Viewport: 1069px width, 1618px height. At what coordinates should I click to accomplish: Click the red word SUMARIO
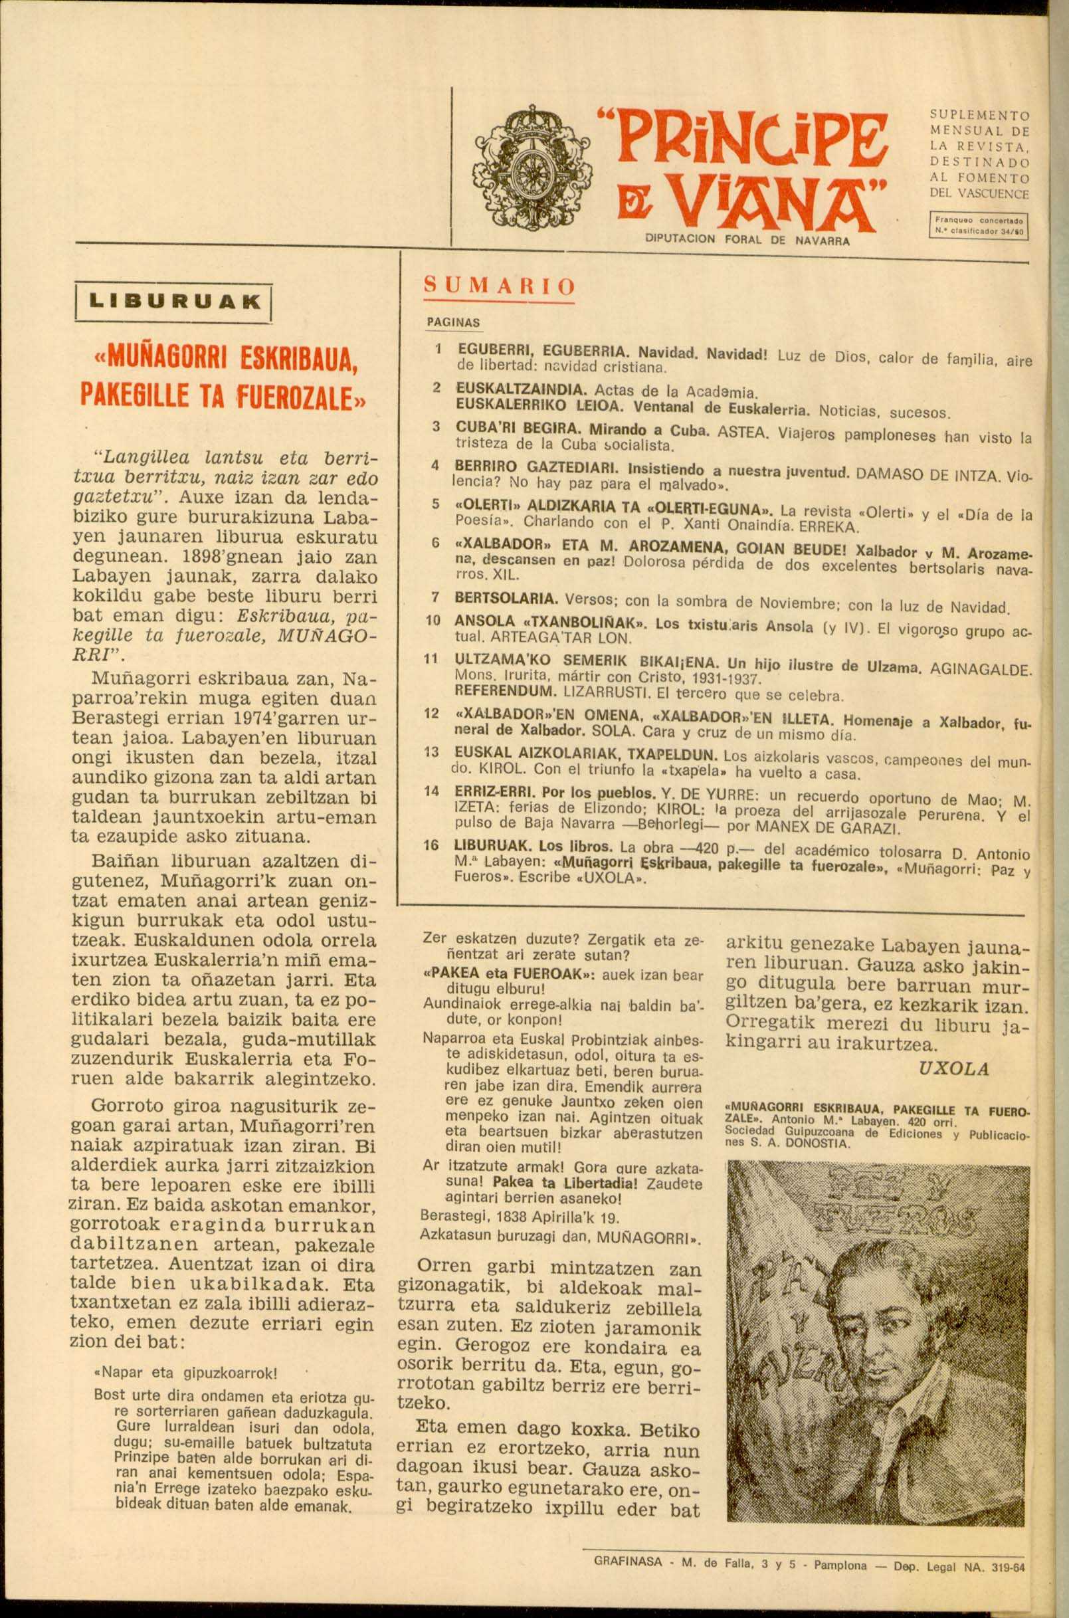(x=500, y=286)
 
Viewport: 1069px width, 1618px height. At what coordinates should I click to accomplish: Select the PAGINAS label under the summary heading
(x=453, y=322)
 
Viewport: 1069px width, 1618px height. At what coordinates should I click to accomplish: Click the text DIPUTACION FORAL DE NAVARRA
(x=747, y=240)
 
